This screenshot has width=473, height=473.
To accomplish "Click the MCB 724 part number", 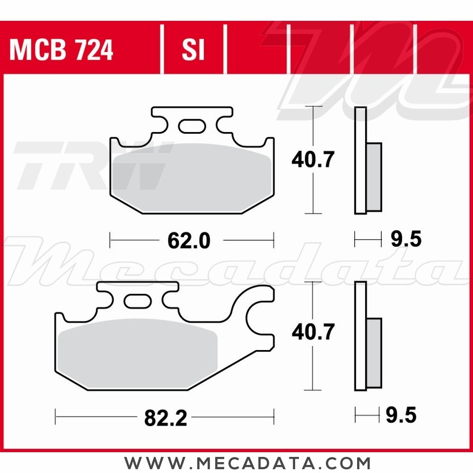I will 61,51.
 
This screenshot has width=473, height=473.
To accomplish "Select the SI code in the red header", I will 193,51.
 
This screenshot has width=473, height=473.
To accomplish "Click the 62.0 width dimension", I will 188,241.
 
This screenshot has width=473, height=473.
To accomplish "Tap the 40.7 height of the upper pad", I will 313,160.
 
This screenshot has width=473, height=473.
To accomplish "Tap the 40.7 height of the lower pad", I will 313,333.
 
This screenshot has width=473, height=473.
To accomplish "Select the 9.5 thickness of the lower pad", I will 401,416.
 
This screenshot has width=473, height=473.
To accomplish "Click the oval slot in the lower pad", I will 136,301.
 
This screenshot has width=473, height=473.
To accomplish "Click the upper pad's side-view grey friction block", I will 374,177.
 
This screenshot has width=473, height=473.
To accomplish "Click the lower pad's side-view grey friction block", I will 374,352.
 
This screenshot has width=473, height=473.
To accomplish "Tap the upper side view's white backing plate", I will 360,161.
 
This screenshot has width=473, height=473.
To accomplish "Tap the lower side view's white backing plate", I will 360,336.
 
